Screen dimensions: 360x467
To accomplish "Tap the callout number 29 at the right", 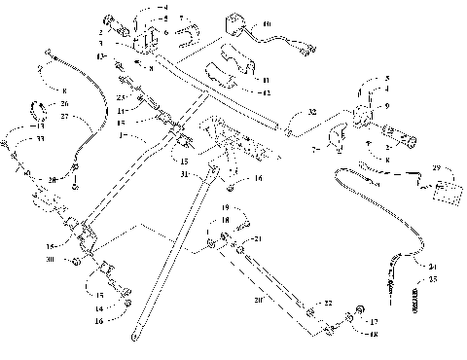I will click(437, 168).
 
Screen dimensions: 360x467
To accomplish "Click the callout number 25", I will click(433, 280).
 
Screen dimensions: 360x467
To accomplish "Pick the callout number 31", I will click(184, 174).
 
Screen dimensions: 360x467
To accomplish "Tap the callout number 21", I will click(258, 238).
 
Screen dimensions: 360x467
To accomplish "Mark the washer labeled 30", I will click(75, 262).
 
